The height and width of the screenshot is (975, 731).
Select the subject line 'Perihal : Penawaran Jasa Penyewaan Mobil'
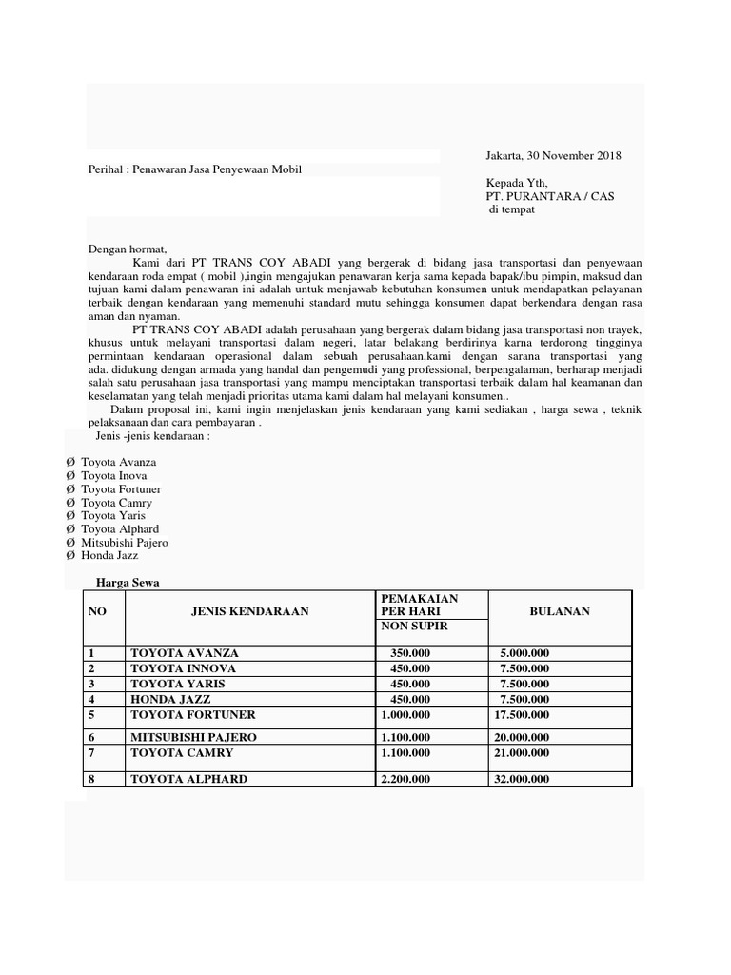pos(195,170)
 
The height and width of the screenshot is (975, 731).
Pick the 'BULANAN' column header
pos(559,611)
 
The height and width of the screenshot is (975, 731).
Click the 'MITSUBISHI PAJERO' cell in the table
pos(193,737)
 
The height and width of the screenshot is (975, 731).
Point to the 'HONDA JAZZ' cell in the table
pos(168,699)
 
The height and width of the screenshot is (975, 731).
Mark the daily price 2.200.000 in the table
pos(405,779)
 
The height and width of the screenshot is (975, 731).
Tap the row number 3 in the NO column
pos(92,684)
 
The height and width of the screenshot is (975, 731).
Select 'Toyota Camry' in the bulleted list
pos(116,503)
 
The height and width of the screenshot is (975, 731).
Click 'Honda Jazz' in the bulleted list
pos(111,556)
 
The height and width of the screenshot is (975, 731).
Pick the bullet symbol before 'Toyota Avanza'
pos(69,463)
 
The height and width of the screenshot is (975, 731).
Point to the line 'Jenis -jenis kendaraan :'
pos(153,436)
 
